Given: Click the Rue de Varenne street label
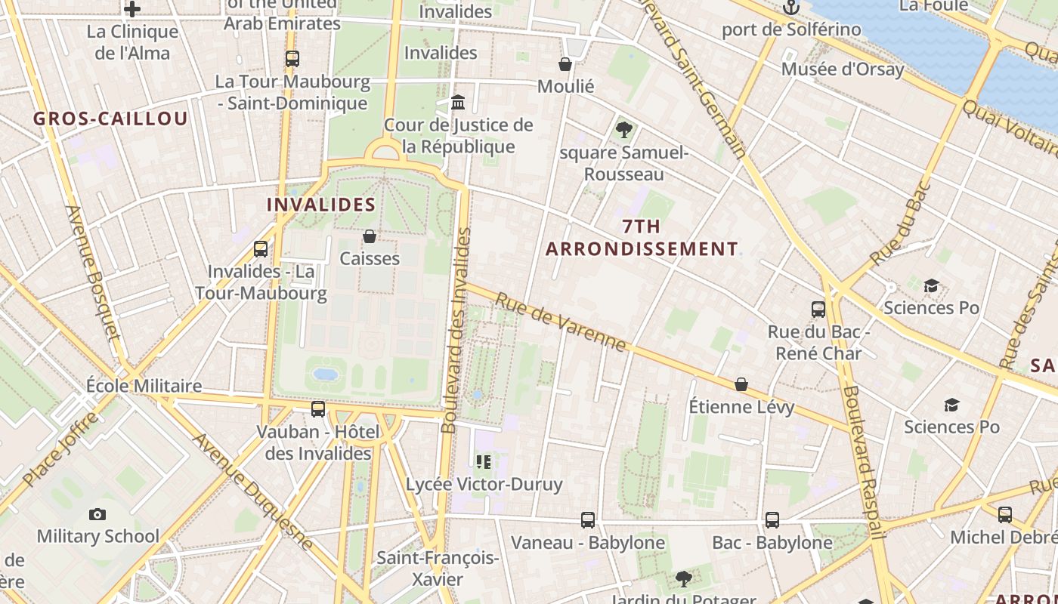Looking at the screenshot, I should (561, 322).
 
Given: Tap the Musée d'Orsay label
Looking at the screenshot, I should (842, 69).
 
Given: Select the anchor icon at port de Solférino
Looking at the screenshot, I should (790, 8).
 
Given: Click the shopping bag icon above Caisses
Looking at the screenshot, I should (370, 237).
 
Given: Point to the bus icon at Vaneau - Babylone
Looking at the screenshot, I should (588, 520).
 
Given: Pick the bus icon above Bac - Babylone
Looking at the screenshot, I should (772, 520).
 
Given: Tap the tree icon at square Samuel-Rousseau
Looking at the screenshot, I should (623, 130).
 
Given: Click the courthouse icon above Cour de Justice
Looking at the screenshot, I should (458, 102).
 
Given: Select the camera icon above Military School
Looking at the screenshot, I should (97, 515).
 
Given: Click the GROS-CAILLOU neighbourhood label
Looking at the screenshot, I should (110, 119).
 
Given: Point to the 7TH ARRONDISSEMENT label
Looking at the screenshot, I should (642, 238).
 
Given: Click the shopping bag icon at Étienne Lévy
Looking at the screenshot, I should (741, 385).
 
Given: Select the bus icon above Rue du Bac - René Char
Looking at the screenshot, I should (818, 309).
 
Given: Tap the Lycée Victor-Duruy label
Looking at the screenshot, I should (484, 484).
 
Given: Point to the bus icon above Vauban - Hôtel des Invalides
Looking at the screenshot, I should (318, 409).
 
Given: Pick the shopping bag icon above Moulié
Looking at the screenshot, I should (565, 65).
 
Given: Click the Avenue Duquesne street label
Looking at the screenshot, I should (253, 491).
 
